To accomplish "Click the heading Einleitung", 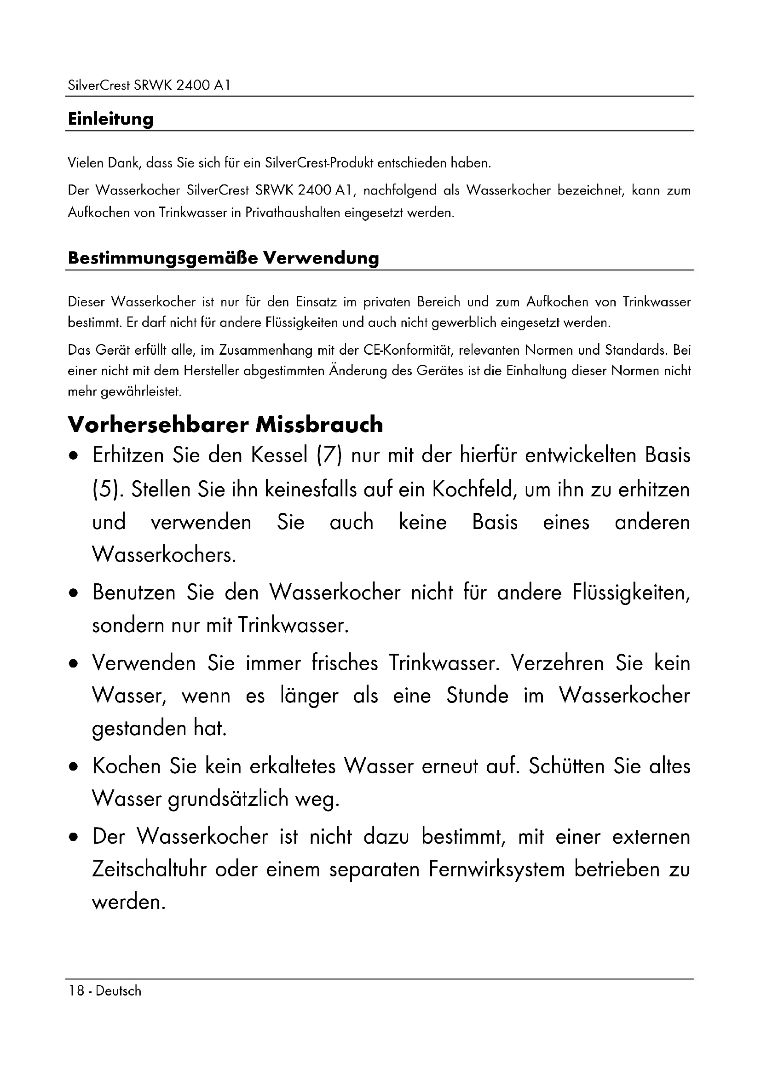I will pos(110,119).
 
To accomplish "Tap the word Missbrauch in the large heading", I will pos(319,425).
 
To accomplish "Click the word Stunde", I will pos(477,696).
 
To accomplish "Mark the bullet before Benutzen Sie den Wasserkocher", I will pos(73,594).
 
